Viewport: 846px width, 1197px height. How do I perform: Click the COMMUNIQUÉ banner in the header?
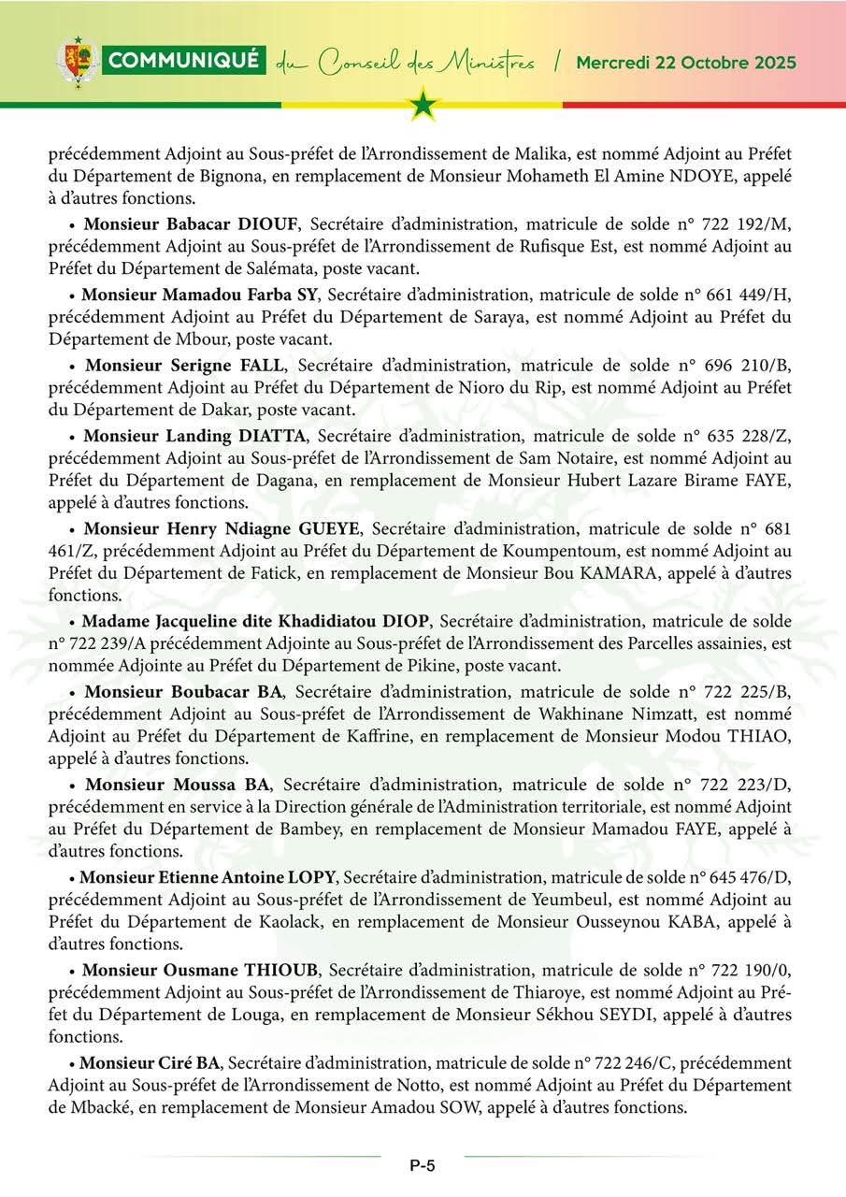[185, 63]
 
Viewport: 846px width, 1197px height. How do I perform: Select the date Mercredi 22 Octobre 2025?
[686, 63]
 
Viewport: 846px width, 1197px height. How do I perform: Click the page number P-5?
[423, 1165]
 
